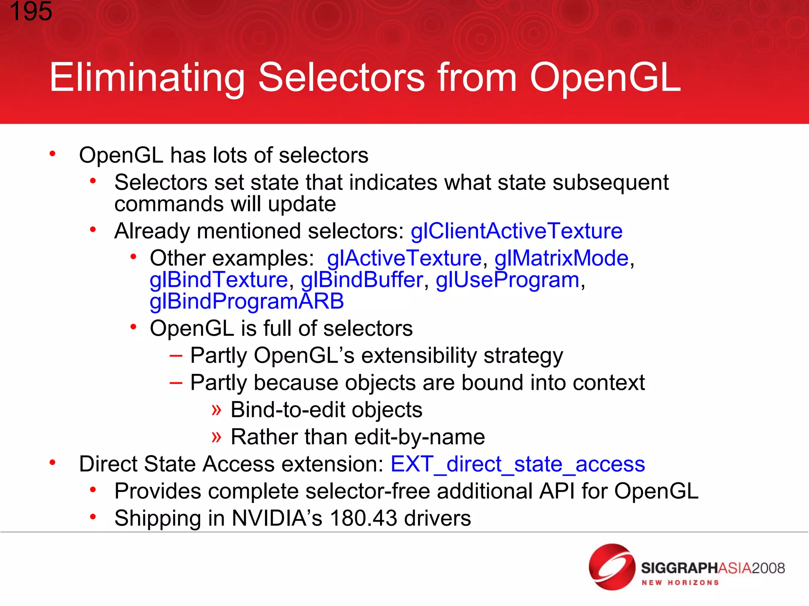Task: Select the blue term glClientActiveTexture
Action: [516, 231]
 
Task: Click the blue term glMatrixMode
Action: [561, 258]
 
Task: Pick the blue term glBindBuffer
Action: [362, 280]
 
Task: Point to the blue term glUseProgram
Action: [508, 280]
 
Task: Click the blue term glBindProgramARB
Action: [246, 301]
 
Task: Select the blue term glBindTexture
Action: [218, 280]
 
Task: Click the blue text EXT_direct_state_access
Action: [517, 464]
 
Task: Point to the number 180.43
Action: [363, 518]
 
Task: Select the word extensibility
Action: [419, 355]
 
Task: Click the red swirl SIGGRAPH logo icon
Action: [611, 567]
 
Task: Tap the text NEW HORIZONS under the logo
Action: [680, 583]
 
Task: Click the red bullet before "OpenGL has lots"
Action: [52, 154]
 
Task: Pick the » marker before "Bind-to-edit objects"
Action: [216, 410]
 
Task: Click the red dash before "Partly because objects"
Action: [176, 383]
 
